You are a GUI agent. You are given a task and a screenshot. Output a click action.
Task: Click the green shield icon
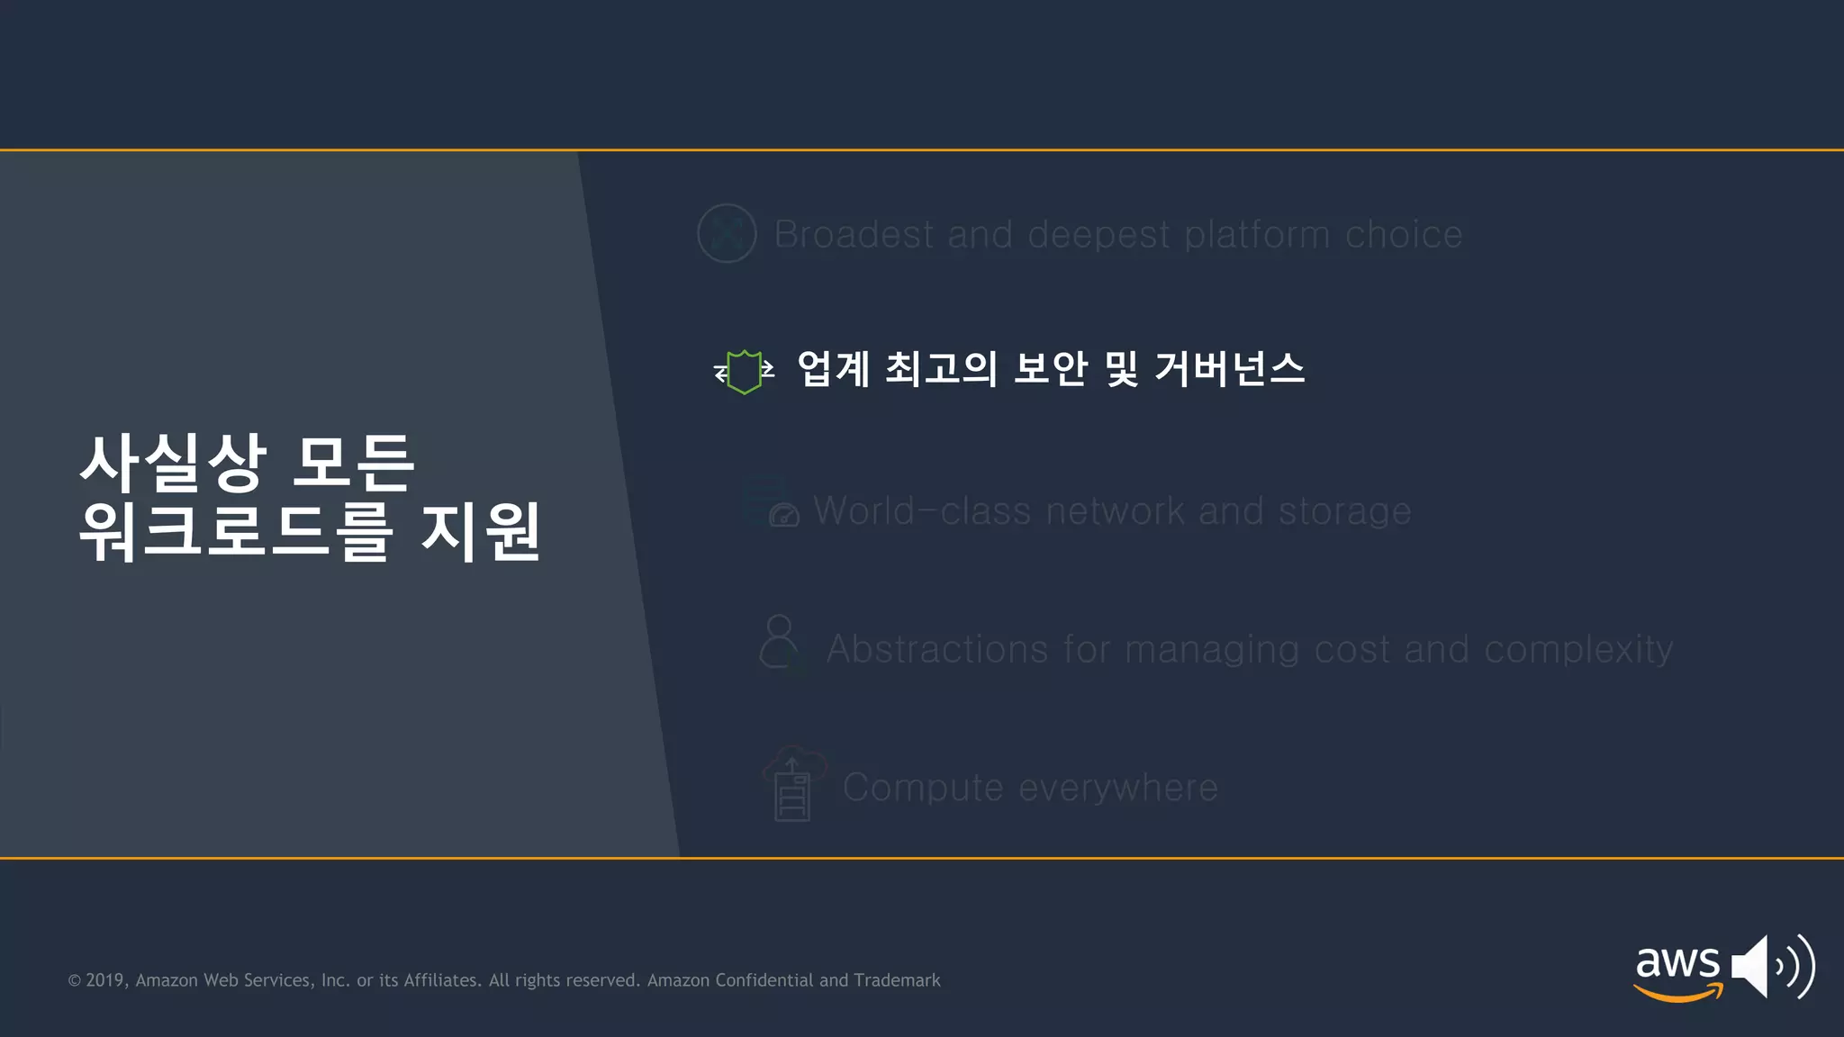click(x=744, y=371)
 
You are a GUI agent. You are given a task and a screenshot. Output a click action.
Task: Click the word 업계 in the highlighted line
click(x=833, y=368)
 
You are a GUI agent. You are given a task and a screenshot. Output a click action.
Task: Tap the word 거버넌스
click(x=1229, y=368)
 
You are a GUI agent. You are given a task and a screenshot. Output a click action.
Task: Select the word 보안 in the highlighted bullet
click(x=1051, y=368)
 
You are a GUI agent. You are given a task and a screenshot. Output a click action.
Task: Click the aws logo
click(x=1677, y=970)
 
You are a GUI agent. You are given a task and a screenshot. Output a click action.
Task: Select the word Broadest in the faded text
click(x=854, y=234)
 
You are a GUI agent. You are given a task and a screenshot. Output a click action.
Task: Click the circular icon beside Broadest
click(x=727, y=233)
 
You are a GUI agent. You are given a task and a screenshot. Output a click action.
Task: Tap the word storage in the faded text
click(x=1344, y=511)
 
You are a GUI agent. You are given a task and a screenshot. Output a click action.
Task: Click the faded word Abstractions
click(x=937, y=649)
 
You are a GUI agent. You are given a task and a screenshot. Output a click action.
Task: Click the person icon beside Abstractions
click(x=780, y=642)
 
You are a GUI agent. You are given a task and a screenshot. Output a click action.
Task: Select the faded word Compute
click(x=923, y=788)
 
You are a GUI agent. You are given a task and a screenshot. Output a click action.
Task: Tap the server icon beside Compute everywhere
click(x=792, y=789)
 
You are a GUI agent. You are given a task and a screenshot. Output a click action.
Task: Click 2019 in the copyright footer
click(x=105, y=980)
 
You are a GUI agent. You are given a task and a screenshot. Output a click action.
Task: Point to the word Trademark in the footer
click(x=897, y=980)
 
